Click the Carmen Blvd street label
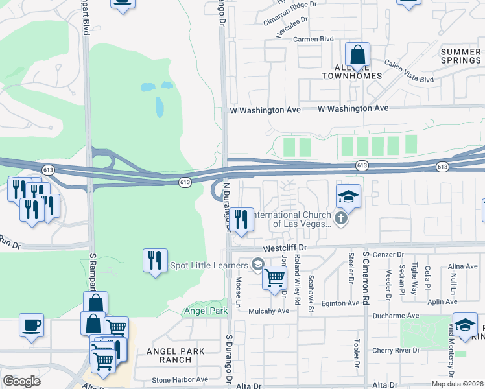(314, 39)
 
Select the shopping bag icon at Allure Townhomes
(357, 54)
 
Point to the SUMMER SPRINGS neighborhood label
(461, 56)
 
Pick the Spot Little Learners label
(208, 265)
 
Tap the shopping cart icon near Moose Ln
(274, 277)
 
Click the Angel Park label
(206, 311)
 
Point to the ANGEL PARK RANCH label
(175, 355)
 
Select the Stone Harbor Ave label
(180, 380)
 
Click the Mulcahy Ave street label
(268, 311)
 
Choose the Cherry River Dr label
(397, 351)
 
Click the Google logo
(21, 381)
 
